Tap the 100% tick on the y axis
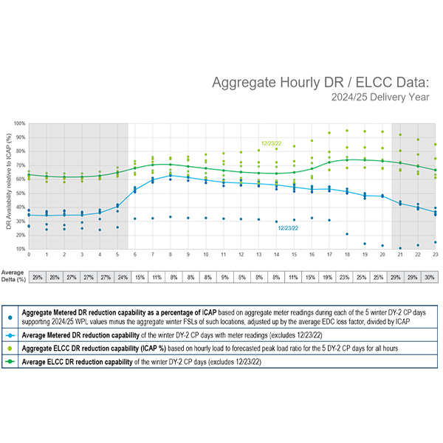[x=20, y=123]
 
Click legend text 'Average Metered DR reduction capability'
[x=86, y=334]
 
